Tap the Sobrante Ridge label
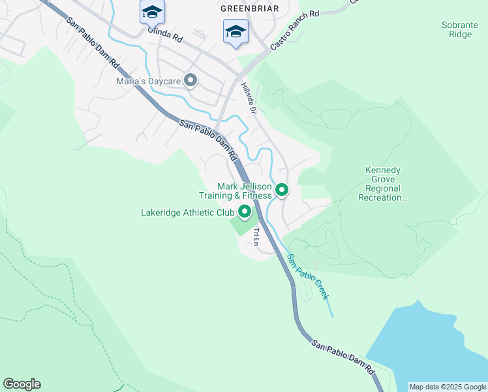[460, 29]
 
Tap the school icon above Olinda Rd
[152, 12]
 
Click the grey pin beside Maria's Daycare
[191, 81]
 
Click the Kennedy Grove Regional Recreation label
[382, 184]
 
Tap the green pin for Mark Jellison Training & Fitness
[282, 190]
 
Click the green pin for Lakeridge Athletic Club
[245, 212]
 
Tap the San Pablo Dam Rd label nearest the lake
[343, 356]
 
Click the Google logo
[22, 384]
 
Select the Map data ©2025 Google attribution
[448, 387]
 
